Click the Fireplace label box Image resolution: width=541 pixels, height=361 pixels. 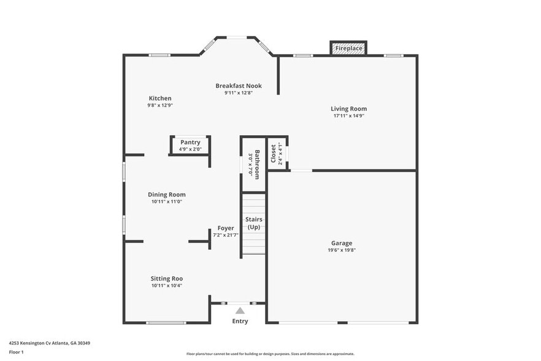(x=348, y=48)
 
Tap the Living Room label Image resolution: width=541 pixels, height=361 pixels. (x=348, y=109)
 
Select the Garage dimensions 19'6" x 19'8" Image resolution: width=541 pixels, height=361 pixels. (x=342, y=250)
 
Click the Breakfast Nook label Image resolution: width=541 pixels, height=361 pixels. (x=239, y=86)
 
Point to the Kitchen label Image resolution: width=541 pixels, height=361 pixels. (x=160, y=98)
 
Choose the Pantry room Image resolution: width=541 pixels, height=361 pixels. (x=190, y=146)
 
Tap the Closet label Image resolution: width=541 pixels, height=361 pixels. (x=274, y=154)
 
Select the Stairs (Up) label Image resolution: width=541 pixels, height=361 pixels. (x=254, y=223)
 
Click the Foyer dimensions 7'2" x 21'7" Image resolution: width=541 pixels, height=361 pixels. (x=226, y=235)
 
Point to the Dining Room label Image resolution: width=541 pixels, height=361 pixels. (x=167, y=195)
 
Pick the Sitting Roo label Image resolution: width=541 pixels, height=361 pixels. (x=167, y=278)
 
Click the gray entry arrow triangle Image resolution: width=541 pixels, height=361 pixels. (x=240, y=311)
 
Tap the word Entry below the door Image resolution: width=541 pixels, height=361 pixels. (x=240, y=321)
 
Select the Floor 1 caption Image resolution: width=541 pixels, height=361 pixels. (x=16, y=352)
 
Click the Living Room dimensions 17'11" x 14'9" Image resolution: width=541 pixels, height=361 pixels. (x=348, y=116)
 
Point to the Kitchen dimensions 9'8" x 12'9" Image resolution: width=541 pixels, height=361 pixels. (x=160, y=106)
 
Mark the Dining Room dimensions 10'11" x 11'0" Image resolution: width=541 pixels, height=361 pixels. (x=167, y=202)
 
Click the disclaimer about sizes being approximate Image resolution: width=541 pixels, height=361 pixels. (x=270, y=354)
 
